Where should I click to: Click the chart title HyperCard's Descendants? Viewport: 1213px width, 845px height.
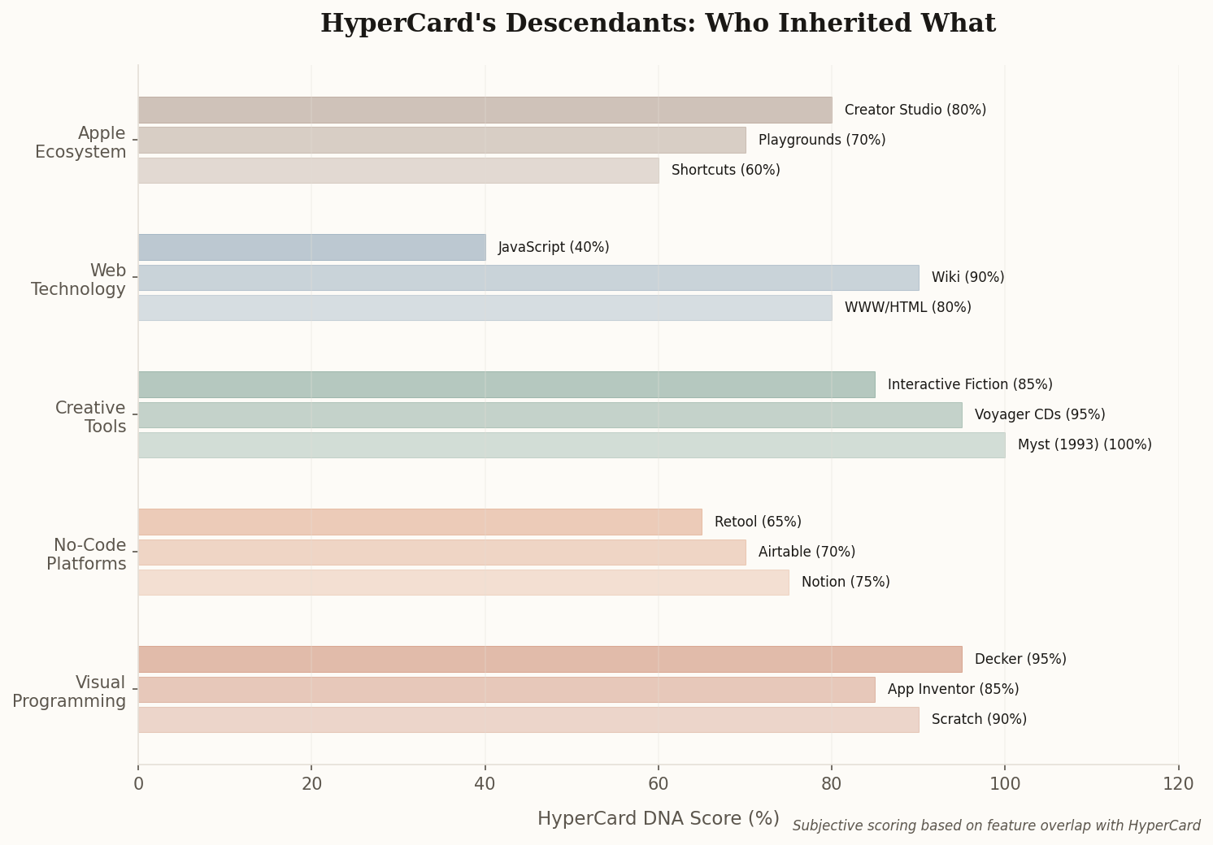(x=657, y=24)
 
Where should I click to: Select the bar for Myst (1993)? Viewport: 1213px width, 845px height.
(x=572, y=445)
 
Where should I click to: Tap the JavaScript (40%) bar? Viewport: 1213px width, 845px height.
(x=311, y=248)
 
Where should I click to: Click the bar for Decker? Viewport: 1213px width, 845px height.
(x=550, y=659)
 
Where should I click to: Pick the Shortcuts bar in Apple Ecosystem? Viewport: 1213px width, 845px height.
(x=398, y=171)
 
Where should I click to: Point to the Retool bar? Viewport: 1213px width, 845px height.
(x=420, y=522)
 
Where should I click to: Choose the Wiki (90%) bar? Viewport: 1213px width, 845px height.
(x=528, y=278)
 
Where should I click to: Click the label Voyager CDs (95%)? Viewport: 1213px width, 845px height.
(x=1039, y=415)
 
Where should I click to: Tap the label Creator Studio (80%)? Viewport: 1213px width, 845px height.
(x=915, y=110)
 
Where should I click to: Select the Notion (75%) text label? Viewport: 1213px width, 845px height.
(x=845, y=583)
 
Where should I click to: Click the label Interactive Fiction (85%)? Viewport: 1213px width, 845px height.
(x=969, y=385)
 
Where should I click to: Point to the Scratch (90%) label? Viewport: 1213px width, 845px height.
(x=978, y=720)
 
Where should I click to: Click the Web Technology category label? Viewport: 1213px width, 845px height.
(x=79, y=280)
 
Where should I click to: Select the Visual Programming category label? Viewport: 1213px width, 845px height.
(x=69, y=692)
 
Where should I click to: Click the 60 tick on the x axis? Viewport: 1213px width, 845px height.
(x=658, y=784)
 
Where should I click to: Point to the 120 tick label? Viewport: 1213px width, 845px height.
(x=1177, y=784)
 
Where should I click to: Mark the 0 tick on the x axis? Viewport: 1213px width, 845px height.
(x=138, y=784)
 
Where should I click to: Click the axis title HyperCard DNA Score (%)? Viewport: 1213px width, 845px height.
(x=658, y=819)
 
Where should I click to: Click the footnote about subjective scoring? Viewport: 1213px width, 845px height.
(x=996, y=826)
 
